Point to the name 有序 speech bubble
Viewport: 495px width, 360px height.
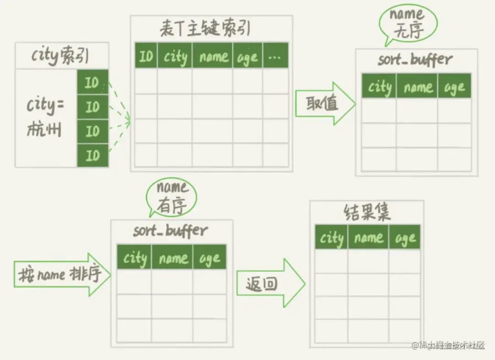pos(172,198)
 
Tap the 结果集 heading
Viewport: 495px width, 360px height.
pos(366,213)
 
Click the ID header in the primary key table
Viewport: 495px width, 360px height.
pos(146,57)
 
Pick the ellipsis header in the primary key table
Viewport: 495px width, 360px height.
pos(276,57)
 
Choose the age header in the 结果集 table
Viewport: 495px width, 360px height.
pos(405,238)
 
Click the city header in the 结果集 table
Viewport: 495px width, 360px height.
pos(331,238)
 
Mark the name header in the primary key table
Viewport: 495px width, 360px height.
pos(213,57)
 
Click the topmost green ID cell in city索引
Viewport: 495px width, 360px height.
pos(92,82)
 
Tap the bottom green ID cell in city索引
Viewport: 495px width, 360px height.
pos(92,156)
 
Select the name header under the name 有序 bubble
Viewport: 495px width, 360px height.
pos(172,258)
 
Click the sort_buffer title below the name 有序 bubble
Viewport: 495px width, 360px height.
pos(171,230)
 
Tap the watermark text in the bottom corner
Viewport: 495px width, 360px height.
pos(448,346)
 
